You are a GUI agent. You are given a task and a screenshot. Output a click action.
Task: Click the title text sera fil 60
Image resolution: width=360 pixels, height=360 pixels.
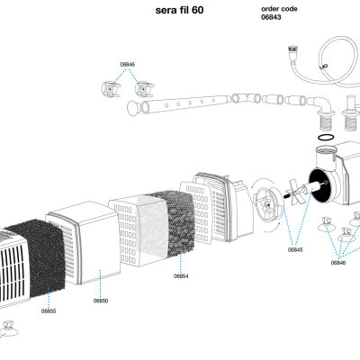coord(179,10)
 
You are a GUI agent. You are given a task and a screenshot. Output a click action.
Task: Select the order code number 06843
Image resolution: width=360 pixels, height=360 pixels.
coord(271,17)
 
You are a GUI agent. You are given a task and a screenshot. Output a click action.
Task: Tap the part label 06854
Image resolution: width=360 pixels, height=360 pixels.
coord(181,276)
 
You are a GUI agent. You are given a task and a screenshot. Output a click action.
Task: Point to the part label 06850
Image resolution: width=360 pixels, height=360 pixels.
coord(101,301)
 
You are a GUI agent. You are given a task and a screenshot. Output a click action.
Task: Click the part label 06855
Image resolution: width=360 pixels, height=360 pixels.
coord(49,311)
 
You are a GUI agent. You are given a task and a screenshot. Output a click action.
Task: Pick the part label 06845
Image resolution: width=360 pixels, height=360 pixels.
coord(295,249)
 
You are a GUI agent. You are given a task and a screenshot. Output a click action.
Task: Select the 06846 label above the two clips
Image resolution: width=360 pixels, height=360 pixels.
coord(128,64)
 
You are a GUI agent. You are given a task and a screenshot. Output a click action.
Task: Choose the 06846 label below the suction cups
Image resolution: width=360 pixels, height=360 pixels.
coord(338,263)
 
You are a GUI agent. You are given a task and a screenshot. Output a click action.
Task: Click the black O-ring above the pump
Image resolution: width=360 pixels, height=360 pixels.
coord(325,137)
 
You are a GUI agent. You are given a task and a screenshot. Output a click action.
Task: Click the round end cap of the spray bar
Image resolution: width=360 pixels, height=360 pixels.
coord(133,108)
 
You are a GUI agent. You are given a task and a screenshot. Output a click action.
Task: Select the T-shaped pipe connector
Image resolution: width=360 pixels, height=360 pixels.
coord(246,98)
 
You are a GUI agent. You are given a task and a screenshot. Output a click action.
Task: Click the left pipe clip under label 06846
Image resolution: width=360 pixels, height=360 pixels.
coord(111,89)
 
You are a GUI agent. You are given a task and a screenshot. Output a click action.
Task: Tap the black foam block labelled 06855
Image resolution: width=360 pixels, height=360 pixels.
coord(38,258)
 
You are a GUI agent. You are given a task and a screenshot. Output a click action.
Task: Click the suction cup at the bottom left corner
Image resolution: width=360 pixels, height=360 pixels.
coord(8,329)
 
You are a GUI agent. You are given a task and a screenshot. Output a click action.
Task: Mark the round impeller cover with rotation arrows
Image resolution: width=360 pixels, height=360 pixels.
coord(266,204)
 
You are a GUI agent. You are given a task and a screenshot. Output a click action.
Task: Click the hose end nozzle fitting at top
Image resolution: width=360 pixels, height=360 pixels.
coord(292,51)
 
